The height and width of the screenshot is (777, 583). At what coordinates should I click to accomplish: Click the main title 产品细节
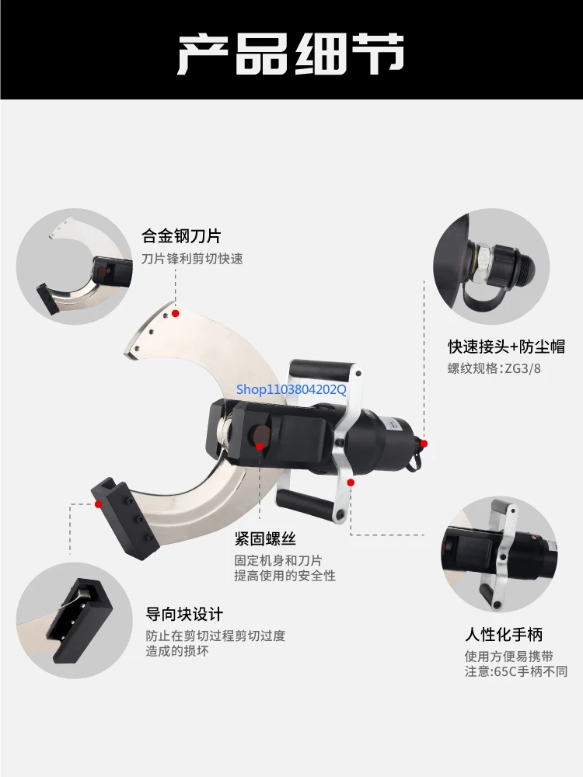tap(291, 52)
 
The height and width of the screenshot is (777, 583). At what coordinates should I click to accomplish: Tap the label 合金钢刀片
tap(181, 235)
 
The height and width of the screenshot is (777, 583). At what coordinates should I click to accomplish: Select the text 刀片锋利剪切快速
tap(192, 259)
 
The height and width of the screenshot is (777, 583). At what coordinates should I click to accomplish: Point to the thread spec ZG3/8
tap(522, 368)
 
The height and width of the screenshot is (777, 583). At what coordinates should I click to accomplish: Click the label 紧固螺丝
tap(265, 538)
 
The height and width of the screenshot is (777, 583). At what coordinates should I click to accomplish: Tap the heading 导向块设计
tap(185, 614)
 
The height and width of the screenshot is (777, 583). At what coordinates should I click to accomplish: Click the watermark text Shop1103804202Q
tap(291, 390)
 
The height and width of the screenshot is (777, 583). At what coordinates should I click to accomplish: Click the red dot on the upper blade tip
tap(176, 313)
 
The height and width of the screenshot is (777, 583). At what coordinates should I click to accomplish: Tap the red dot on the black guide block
tap(99, 503)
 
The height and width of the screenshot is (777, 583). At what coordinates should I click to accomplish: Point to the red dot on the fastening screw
tap(260, 446)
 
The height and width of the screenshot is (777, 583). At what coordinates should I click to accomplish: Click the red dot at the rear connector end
tap(425, 442)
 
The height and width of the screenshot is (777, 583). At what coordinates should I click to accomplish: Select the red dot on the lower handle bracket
tap(351, 483)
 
